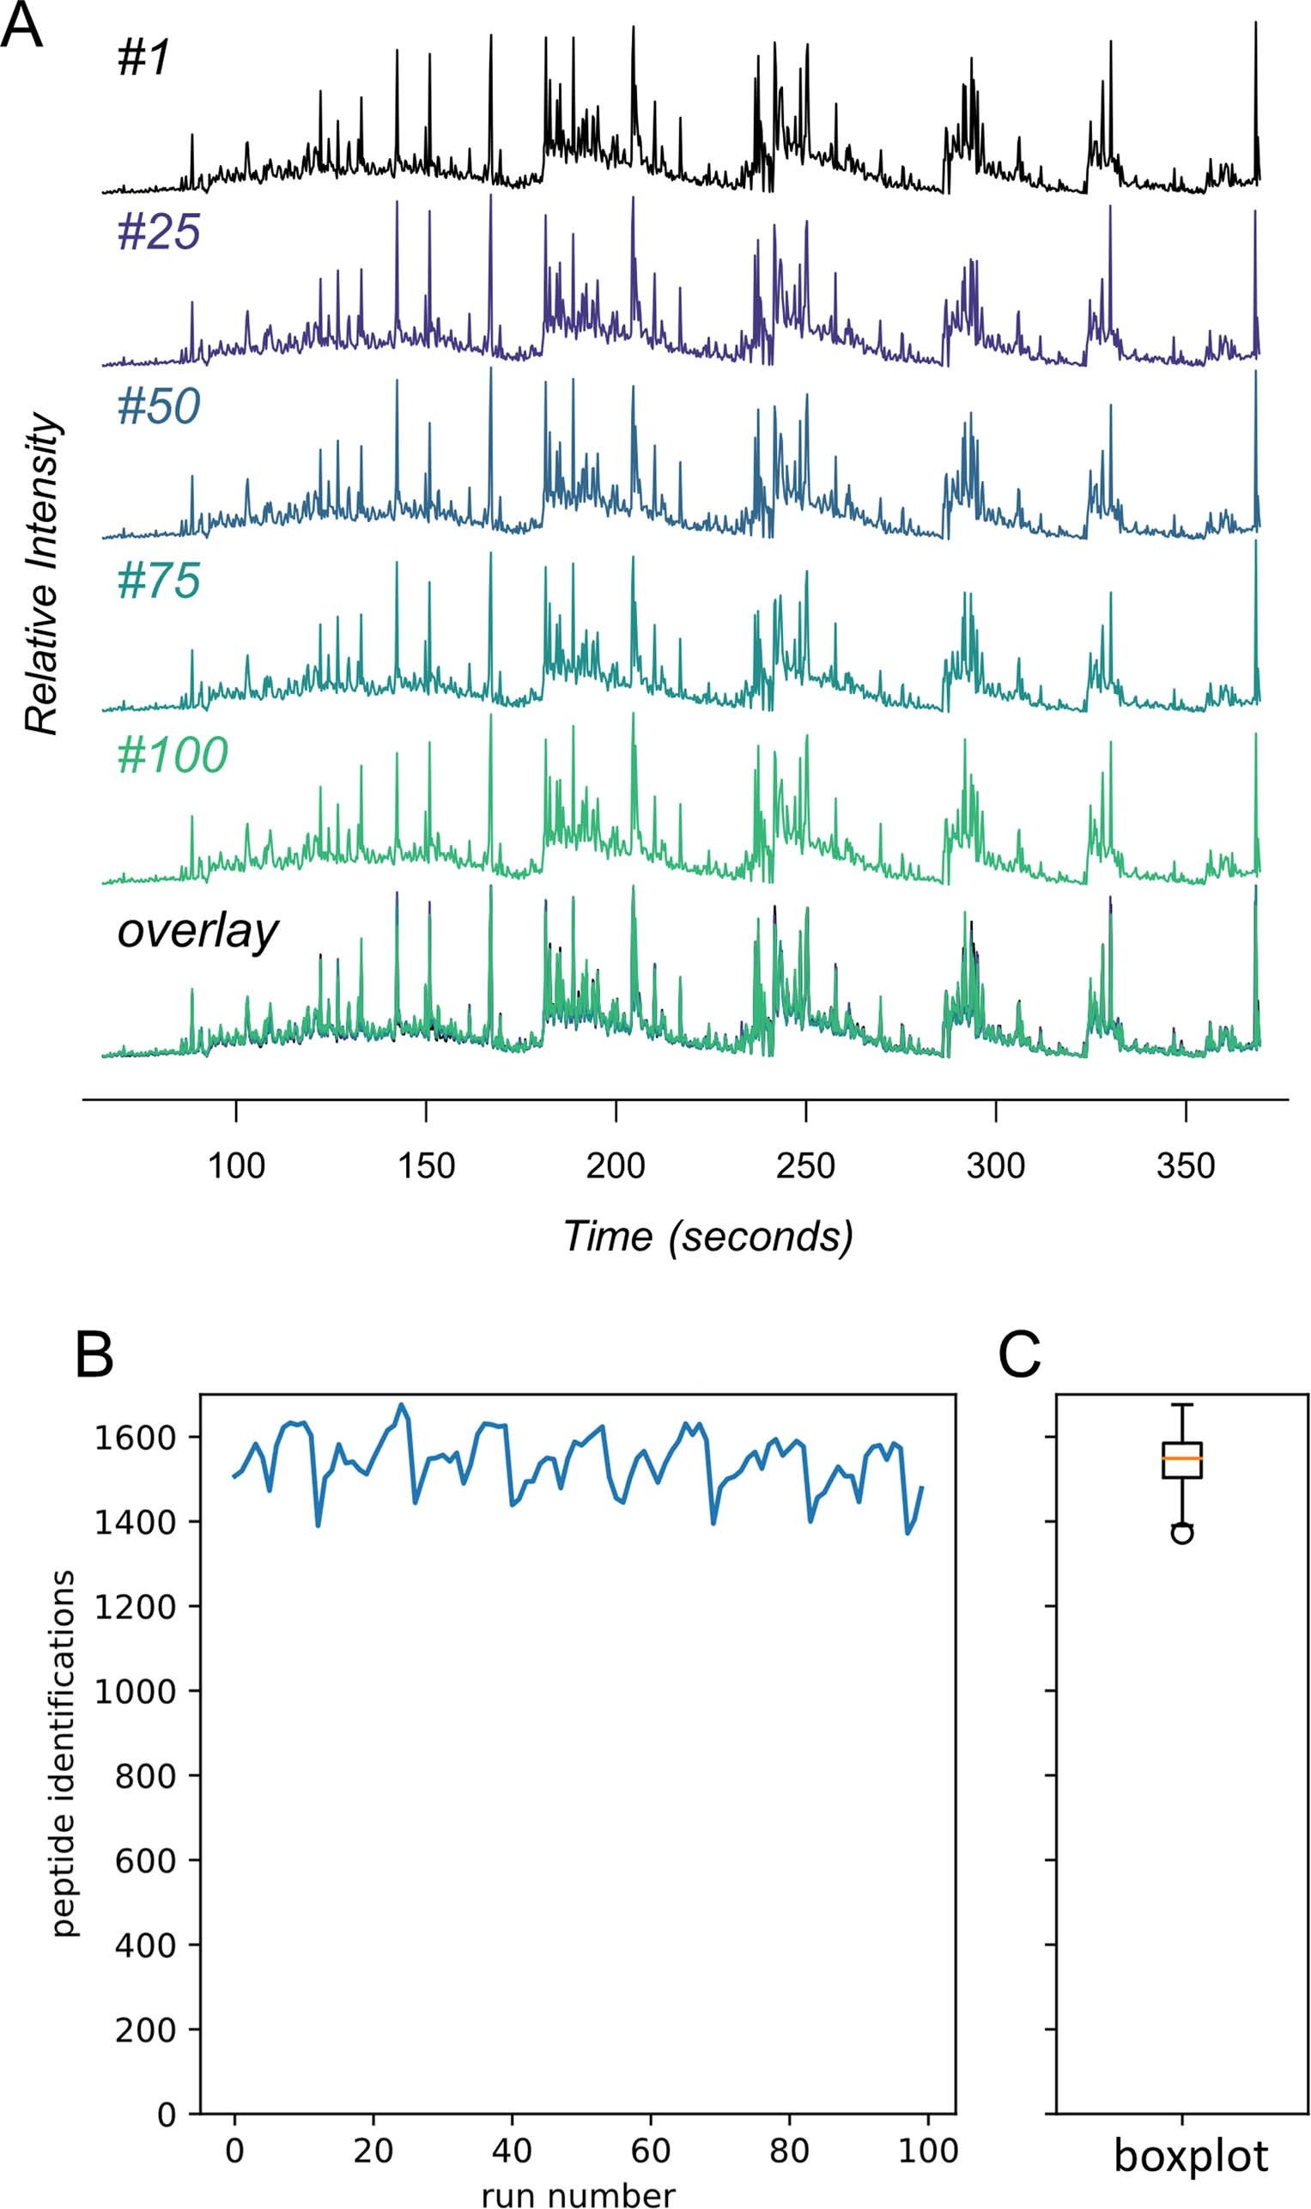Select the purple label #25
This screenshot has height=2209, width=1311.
pyautogui.click(x=159, y=233)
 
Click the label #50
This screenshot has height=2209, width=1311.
pyautogui.click(x=159, y=406)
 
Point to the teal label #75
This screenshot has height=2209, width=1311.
pyautogui.click(x=159, y=581)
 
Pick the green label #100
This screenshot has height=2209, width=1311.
pyautogui.click(x=173, y=755)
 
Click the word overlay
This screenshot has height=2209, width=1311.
pyautogui.click(x=197, y=930)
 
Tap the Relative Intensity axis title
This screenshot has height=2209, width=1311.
pyautogui.click(x=42, y=575)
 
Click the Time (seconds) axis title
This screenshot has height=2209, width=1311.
pyautogui.click(x=708, y=1236)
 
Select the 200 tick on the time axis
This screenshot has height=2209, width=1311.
pyautogui.click(x=616, y=1166)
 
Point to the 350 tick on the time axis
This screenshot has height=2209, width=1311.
pyautogui.click(x=1186, y=1166)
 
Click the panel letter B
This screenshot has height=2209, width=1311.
pyautogui.click(x=94, y=1356)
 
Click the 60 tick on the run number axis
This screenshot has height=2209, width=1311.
pyautogui.click(x=650, y=2150)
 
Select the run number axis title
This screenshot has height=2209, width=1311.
pyautogui.click(x=579, y=2194)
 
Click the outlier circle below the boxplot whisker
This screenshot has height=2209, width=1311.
pyautogui.click(x=1182, y=1533)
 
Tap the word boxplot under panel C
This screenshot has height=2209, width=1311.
pyautogui.click(x=1190, y=2157)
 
